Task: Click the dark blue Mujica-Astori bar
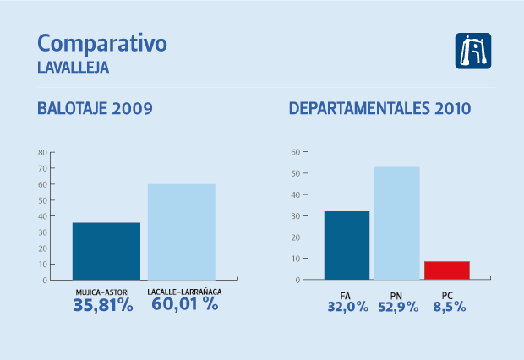(106, 251)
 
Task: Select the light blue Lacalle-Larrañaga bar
(182, 232)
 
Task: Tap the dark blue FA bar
(347, 245)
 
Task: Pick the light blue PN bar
(396, 223)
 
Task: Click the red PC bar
(446, 270)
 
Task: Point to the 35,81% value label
(103, 305)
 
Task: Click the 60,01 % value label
(185, 305)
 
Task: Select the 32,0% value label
(347, 307)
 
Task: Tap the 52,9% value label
(397, 307)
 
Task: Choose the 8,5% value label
(448, 307)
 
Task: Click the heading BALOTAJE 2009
(95, 109)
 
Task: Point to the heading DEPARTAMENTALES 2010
(380, 109)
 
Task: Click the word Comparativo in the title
(102, 43)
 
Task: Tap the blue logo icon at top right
(473, 52)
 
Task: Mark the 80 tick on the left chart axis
(41, 153)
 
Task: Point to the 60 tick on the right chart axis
(295, 153)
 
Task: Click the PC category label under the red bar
(447, 294)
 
